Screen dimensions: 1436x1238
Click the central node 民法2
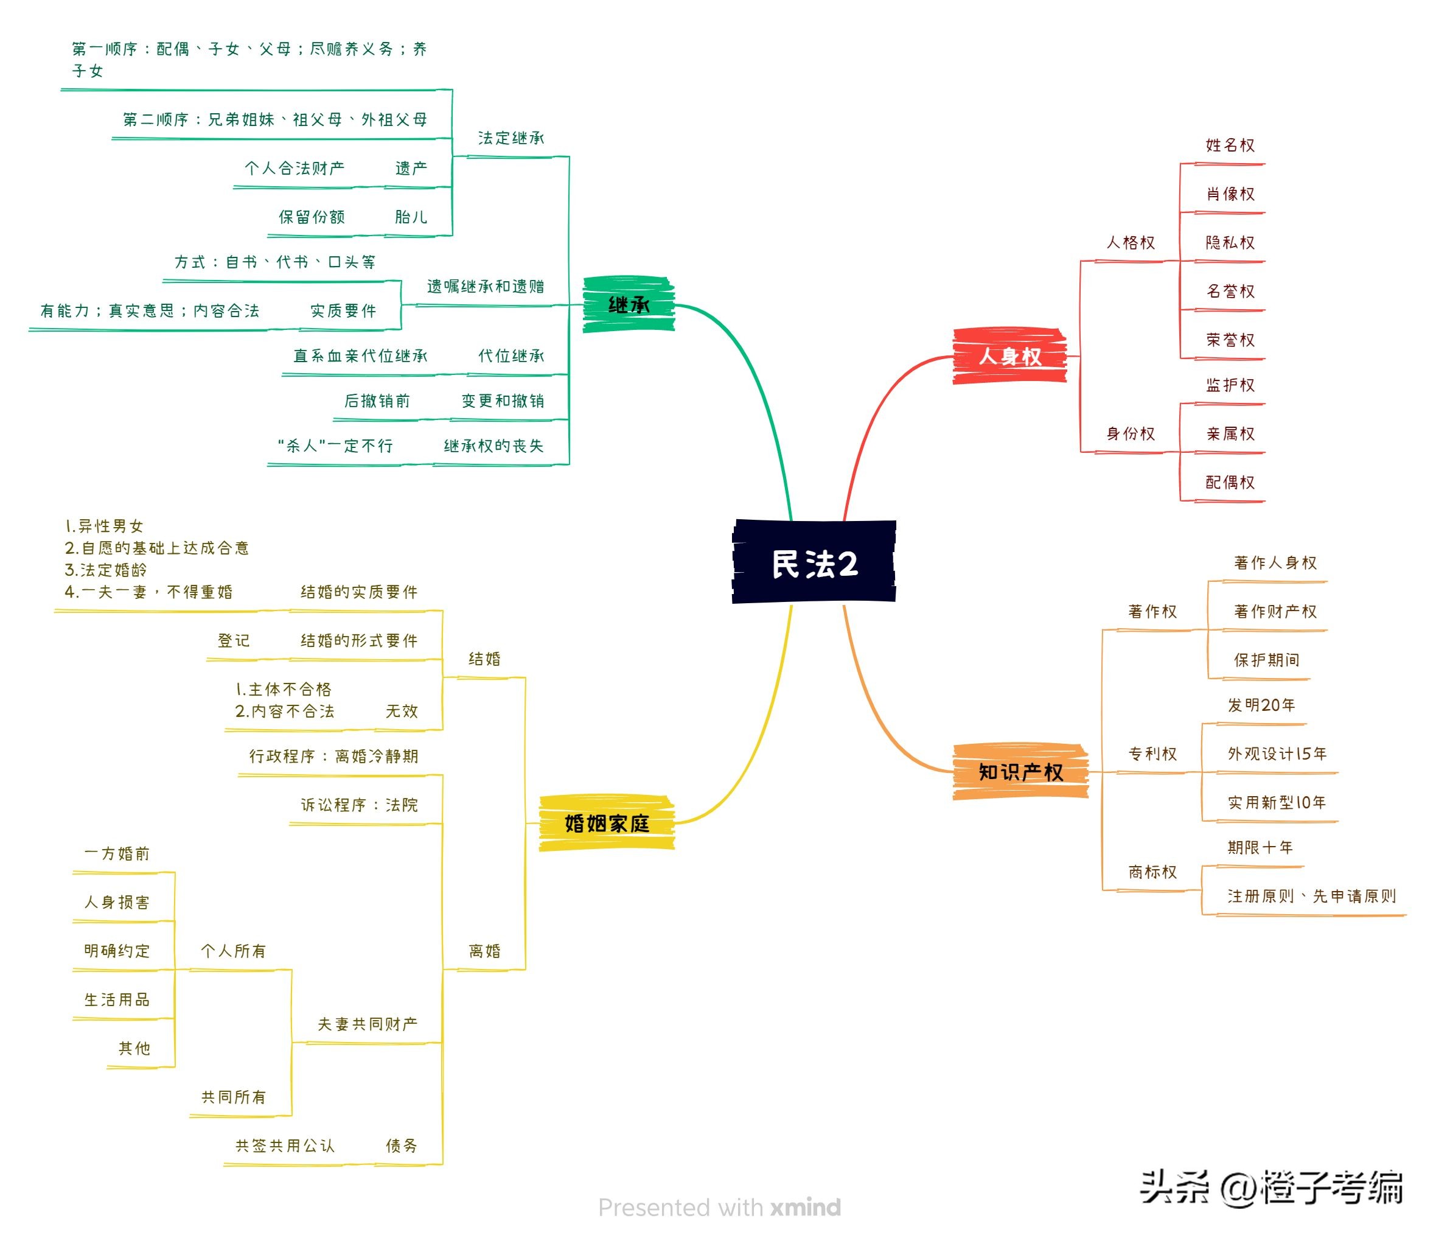814,562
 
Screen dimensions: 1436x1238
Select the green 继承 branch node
629,304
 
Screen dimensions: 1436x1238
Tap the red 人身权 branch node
1010,356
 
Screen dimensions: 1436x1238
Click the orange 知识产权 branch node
1020,772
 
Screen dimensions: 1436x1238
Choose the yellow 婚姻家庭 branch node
607,823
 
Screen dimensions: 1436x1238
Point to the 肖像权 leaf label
1230,194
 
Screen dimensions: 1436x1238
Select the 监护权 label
1230,385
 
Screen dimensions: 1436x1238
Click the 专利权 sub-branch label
1152,754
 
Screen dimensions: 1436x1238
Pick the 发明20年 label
1261,705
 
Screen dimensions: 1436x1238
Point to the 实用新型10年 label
1277,802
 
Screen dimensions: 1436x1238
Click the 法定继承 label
511,138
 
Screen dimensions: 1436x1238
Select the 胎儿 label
411,217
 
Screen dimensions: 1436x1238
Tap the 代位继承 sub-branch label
511,355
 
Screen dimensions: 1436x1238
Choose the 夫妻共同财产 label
368,1024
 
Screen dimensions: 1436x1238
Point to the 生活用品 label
116,999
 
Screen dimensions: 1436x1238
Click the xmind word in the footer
806,1208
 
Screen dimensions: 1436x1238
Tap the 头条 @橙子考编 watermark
1272,1187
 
